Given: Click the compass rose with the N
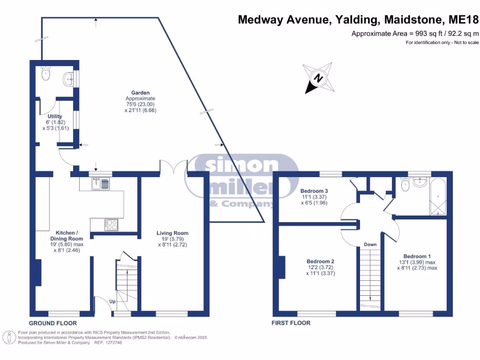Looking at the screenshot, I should click(x=318, y=78).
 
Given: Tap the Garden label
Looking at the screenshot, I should click(x=140, y=93).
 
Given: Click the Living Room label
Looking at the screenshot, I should click(x=172, y=233).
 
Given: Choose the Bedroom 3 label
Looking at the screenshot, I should click(x=314, y=191).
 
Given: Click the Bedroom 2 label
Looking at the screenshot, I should click(x=320, y=261).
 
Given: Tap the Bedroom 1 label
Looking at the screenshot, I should click(x=417, y=256).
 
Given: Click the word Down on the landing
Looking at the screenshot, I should click(x=370, y=245).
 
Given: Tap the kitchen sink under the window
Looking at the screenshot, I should click(x=100, y=184).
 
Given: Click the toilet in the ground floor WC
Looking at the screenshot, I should click(x=46, y=74).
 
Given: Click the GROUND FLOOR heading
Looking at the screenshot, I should click(x=52, y=323).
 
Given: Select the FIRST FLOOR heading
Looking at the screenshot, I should click(x=291, y=323).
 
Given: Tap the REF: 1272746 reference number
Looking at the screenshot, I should click(x=108, y=343).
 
